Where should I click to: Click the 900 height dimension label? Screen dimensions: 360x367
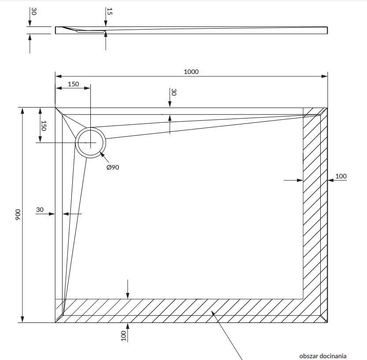18,215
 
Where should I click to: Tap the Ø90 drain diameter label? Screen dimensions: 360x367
113,167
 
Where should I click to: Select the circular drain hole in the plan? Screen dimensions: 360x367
90,143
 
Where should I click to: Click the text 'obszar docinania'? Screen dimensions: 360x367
323,356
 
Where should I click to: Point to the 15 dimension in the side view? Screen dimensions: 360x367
110,12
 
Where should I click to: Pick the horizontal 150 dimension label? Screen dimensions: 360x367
73,84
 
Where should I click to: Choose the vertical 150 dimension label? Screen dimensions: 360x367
43,126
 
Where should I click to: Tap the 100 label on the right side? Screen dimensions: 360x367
341,176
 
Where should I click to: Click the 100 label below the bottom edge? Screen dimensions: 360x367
123,336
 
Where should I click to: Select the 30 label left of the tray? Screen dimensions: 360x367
40,210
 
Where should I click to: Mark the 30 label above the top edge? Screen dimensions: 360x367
174,92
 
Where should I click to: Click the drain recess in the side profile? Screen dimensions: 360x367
90,31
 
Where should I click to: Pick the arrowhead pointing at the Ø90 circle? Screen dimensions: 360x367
102,154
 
